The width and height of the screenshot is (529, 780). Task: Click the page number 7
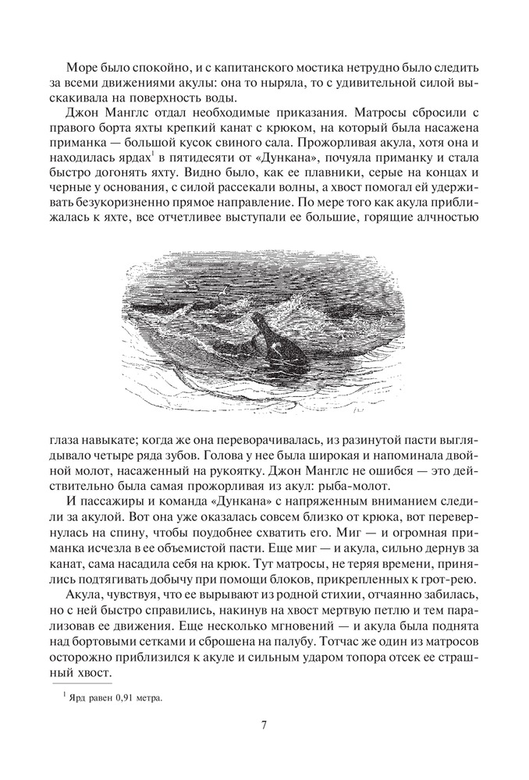pos(264,725)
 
